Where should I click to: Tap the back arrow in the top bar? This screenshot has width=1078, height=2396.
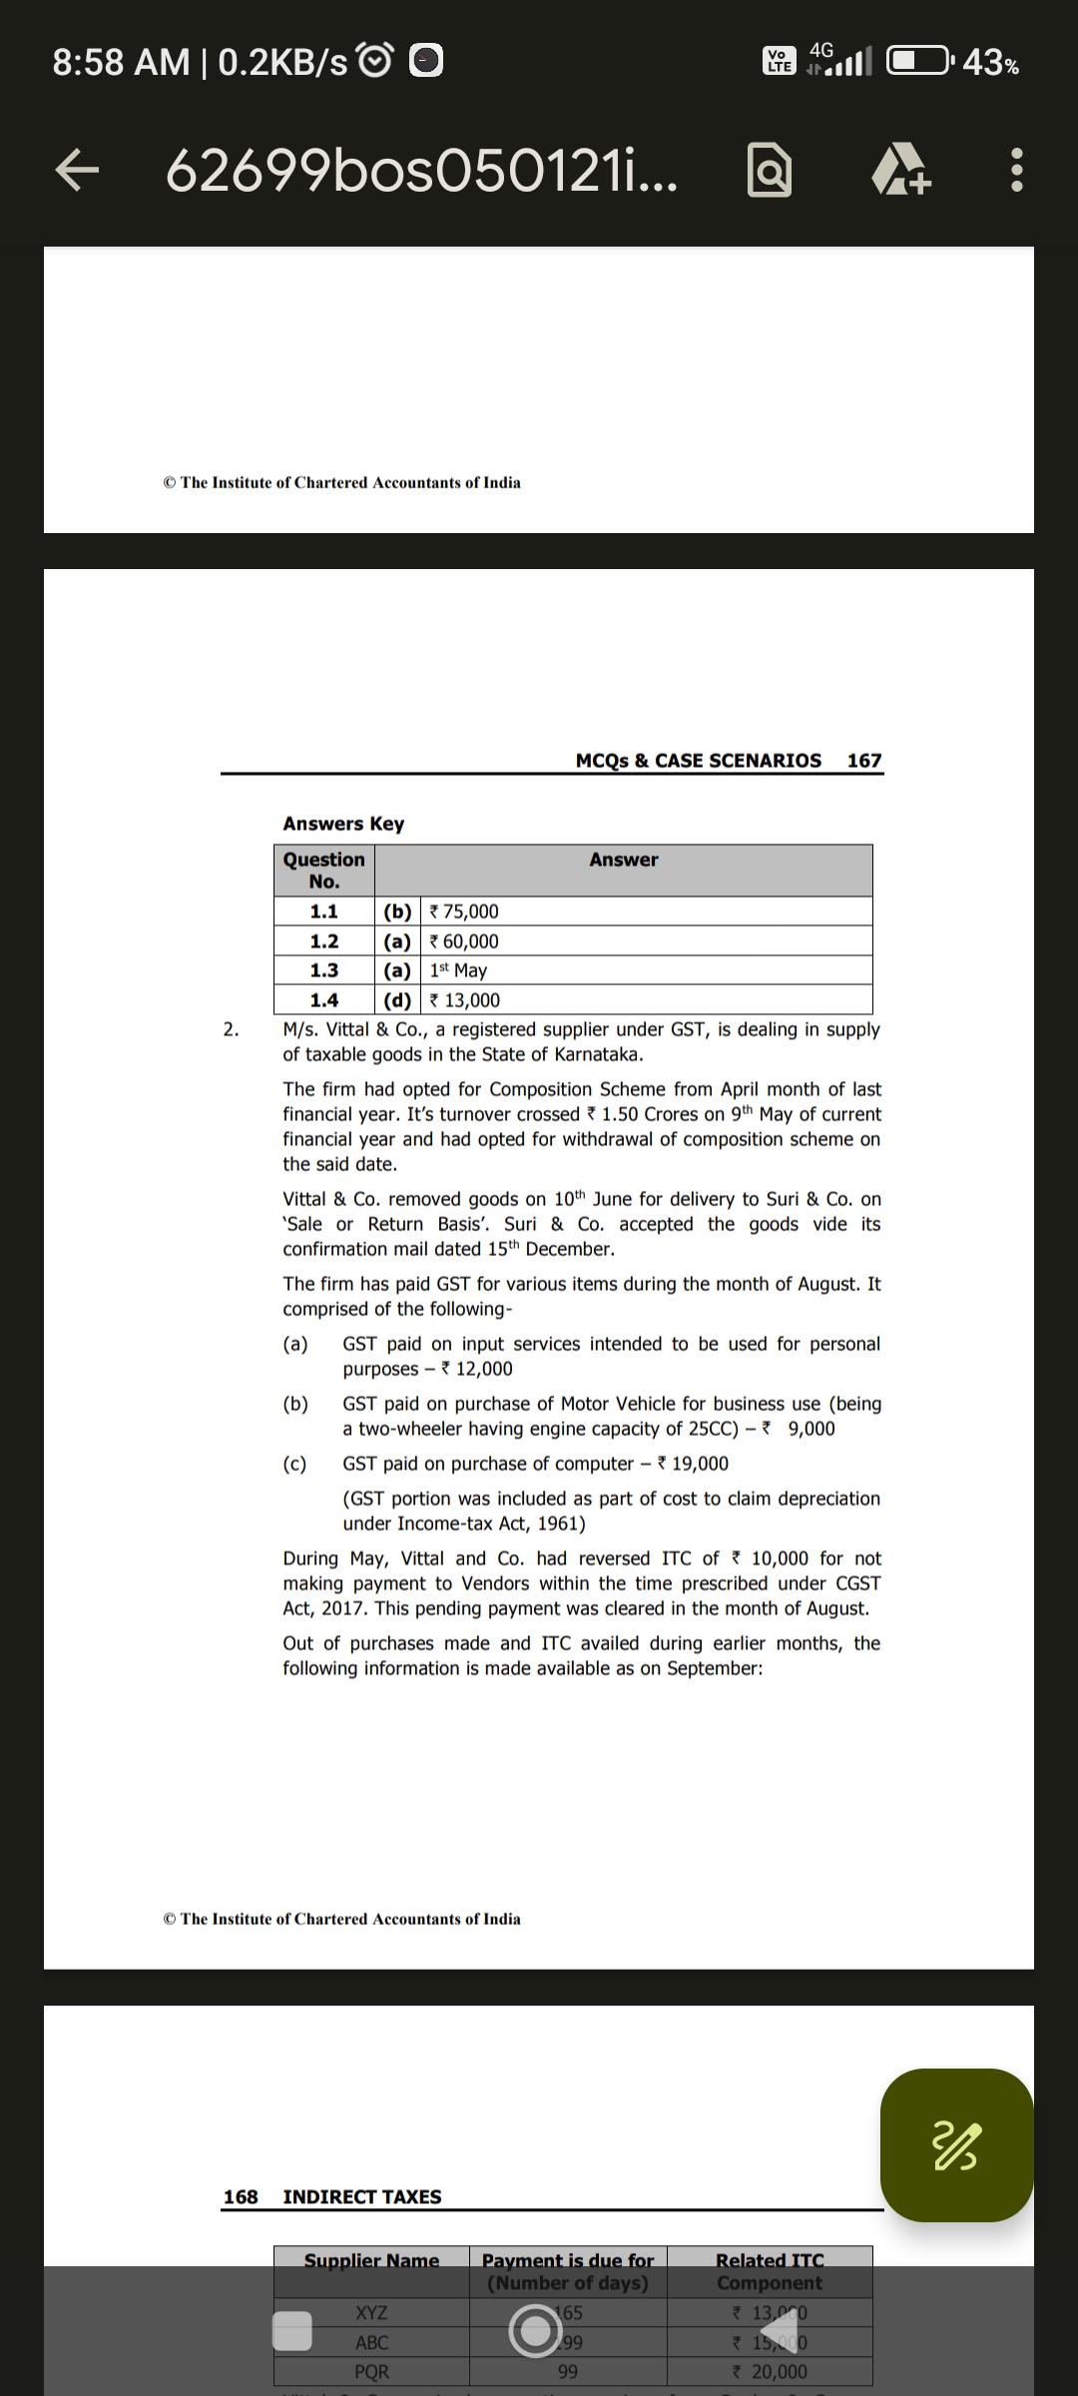(77, 172)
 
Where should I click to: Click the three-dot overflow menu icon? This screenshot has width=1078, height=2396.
(1016, 172)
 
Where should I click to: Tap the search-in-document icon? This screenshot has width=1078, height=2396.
(770, 172)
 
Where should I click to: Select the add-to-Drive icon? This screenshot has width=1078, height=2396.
(902, 172)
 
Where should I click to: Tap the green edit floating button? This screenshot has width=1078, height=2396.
(956, 2144)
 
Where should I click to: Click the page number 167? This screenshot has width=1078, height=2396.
(864, 761)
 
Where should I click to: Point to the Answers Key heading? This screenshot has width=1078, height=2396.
(343, 824)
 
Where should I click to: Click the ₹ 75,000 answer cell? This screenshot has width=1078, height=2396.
(463, 911)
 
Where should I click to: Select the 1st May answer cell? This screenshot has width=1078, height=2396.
(458, 970)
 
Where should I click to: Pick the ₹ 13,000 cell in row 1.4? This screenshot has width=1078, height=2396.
(464, 1000)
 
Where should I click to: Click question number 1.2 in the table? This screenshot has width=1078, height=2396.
(324, 941)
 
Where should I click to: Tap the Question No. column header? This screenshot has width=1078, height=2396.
(324, 871)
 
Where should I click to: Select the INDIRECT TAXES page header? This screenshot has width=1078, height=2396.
(362, 2196)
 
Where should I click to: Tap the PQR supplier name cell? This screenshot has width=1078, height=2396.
(372, 2372)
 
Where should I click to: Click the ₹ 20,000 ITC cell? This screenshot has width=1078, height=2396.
(770, 2372)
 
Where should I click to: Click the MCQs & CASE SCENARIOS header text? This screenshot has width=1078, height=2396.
(699, 761)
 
